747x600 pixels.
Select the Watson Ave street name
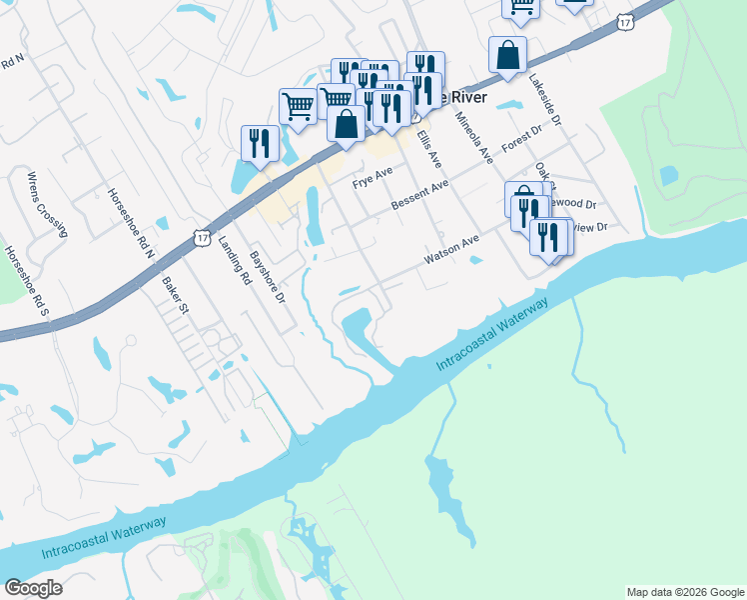point(451,249)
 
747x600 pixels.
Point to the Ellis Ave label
point(429,147)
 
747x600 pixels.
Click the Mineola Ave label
point(474,138)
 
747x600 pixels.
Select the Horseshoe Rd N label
point(131,223)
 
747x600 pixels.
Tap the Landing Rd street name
point(233,261)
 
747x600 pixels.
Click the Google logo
point(33,588)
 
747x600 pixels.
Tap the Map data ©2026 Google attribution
point(685,592)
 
